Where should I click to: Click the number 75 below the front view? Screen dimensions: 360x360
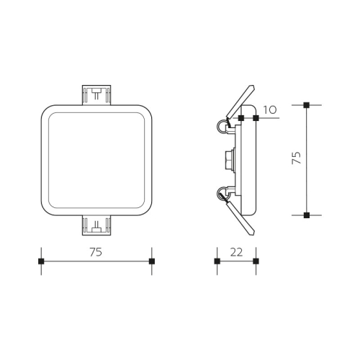tap(96, 252)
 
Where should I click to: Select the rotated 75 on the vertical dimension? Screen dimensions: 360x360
tap(296, 159)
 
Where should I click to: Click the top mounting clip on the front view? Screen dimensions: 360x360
tap(96, 95)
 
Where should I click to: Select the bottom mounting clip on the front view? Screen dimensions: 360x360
tap(96, 225)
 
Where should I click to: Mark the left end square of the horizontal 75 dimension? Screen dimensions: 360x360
tap(41, 261)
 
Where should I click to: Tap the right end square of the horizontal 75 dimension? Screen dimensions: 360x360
tap(151, 261)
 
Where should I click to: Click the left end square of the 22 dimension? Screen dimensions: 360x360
tap(217, 261)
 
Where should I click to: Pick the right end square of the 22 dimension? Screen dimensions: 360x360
tap(256, 261)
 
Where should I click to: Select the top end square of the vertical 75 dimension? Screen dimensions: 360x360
tap(307, 105)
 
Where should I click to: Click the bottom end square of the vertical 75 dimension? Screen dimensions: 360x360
tap(307, 215)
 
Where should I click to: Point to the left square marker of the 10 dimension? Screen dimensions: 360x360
tap(241, 117)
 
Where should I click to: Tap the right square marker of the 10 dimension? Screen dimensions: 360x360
tap(256, 117)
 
